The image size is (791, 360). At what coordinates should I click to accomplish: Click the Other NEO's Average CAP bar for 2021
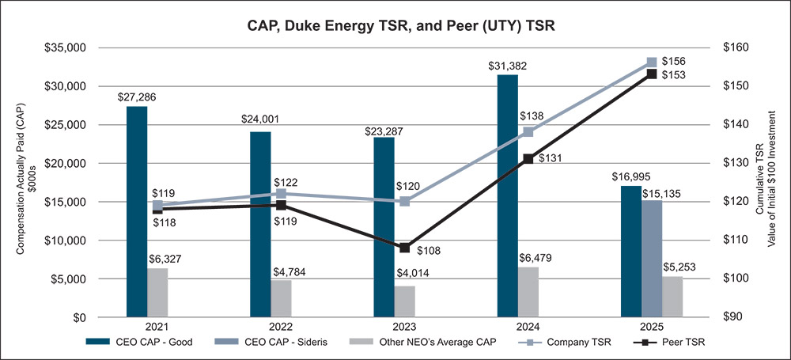click(157, 293)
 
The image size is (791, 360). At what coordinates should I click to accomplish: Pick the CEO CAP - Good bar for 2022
click(260, 225)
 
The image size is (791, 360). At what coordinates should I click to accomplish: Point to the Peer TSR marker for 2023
click(404, 248)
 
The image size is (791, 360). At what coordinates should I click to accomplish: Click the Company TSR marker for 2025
click(652, 63)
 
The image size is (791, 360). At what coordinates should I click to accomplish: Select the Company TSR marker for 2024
click(528, 132)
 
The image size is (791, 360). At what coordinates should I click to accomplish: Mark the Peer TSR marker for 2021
click(157, 209)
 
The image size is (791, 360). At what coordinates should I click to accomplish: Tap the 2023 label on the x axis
click(404, 327)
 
